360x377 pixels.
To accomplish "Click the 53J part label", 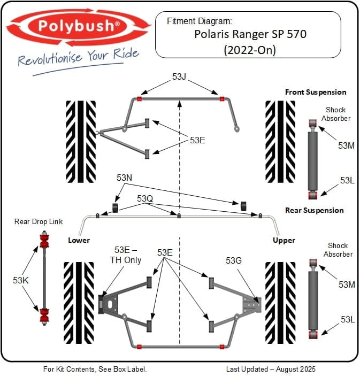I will point(179,77).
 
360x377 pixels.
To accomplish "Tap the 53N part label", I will point(124,178).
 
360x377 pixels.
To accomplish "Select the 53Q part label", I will point(145,198).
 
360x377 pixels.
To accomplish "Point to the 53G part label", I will point(234,260).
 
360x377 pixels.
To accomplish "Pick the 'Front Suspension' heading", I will point(316,92).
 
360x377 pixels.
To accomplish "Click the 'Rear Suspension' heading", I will point(315,210).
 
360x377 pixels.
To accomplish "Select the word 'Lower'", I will point(79,240).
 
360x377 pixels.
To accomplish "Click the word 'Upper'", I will point(284,240).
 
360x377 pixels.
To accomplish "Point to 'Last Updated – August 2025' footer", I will point(271,369).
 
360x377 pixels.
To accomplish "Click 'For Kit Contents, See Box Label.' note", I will point(95,369).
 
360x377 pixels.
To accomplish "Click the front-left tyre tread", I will point(81,140).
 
